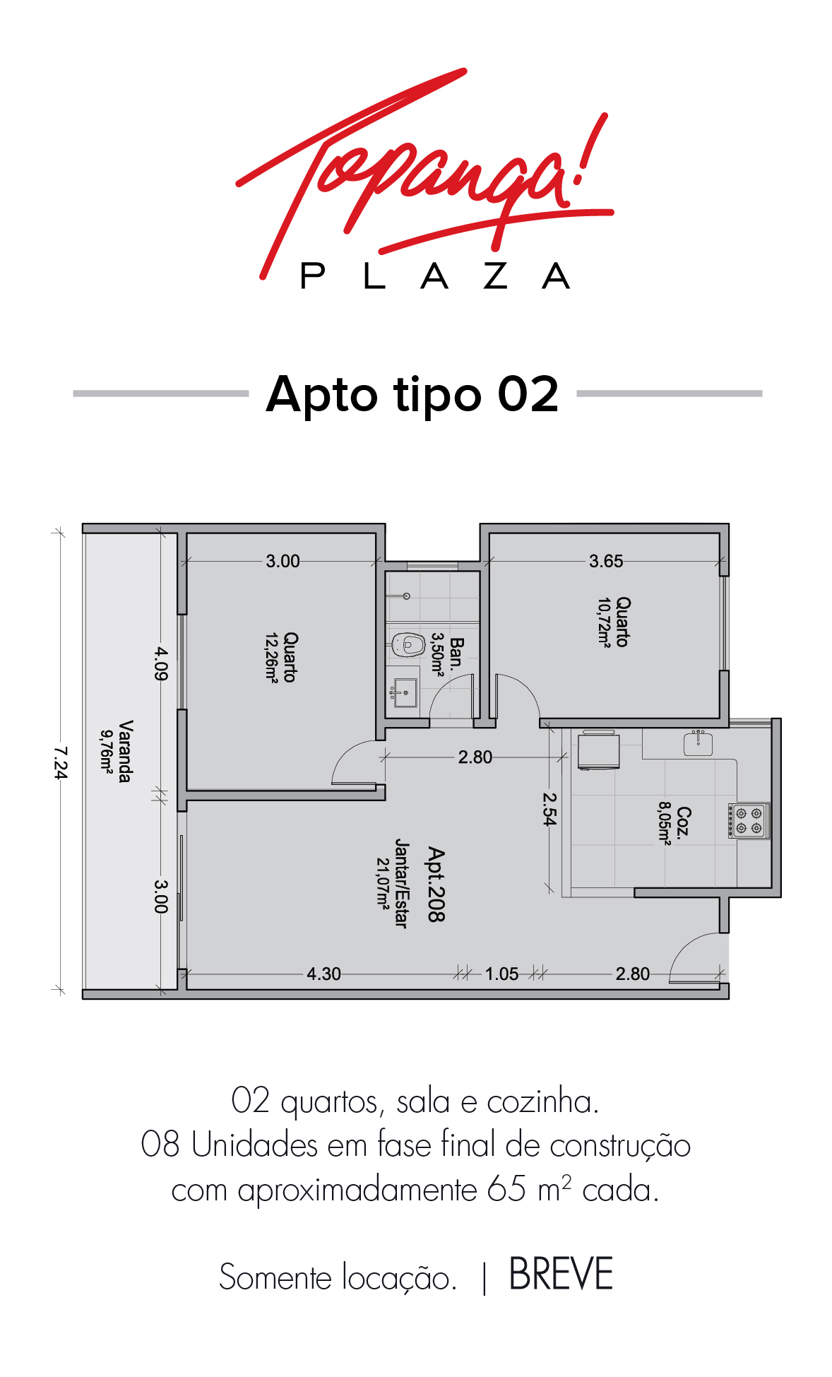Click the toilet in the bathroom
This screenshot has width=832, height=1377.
(x=408, y=644)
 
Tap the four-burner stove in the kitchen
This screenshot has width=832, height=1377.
(x=749, y=820)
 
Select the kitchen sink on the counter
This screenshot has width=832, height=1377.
(x=698, y=743)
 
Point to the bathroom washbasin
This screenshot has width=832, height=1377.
(x=405, y=692)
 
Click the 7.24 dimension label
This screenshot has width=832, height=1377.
(x=61, y=762)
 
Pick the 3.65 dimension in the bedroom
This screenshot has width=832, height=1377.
(x=606, y=561)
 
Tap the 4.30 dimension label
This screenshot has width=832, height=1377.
(x=323, y=974)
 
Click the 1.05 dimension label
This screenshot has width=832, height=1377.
(x=501, y=974)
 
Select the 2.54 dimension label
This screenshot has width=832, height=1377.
(x=549, y=808)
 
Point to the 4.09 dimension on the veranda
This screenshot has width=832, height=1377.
(x=162, y=663)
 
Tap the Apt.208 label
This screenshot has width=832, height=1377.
(x=436, y=885)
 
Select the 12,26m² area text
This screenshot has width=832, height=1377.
(x=271, y=657)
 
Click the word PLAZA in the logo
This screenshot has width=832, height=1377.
(x=435, y=276)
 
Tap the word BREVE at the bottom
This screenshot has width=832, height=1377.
(x=561, y=1275)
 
